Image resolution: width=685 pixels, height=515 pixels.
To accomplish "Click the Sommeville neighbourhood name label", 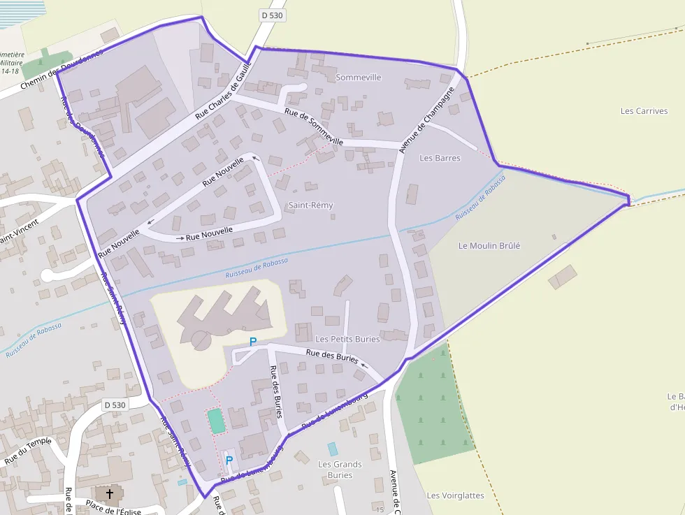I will click(x=358, y=77).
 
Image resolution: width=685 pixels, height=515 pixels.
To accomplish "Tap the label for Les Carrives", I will click(x=644, y=111).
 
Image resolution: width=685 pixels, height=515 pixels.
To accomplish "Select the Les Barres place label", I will click(x=440, y=158).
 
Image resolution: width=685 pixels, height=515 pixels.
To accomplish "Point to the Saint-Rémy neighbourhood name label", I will click(x=310, y=205).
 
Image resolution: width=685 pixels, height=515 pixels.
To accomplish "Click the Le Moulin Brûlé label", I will click(x=489, y=245).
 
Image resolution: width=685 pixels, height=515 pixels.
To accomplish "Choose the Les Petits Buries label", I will click(x=347, y=339).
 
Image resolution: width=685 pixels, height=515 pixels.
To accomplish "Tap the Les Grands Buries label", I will click(x=340, y=470).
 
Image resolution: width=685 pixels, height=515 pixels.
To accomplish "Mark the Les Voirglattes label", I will click(x=455, y=495).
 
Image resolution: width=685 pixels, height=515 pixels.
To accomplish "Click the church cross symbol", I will click(x=109, y=494).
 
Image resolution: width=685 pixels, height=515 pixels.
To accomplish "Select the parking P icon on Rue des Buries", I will click(x=253, y=342).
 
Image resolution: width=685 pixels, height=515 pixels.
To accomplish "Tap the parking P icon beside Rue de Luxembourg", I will click(x=229, y=460).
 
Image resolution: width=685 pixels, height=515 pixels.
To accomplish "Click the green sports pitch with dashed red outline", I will click(x=217, y=421).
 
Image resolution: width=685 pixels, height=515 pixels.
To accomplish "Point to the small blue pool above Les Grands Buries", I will click(x=333, y=449).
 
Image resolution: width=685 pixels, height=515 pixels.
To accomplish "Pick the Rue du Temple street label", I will click(x=28, y=451).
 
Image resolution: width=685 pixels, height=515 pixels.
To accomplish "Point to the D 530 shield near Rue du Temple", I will click(x=115, y=405).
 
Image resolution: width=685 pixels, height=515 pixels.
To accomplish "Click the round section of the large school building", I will click(x=200, y=340).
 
